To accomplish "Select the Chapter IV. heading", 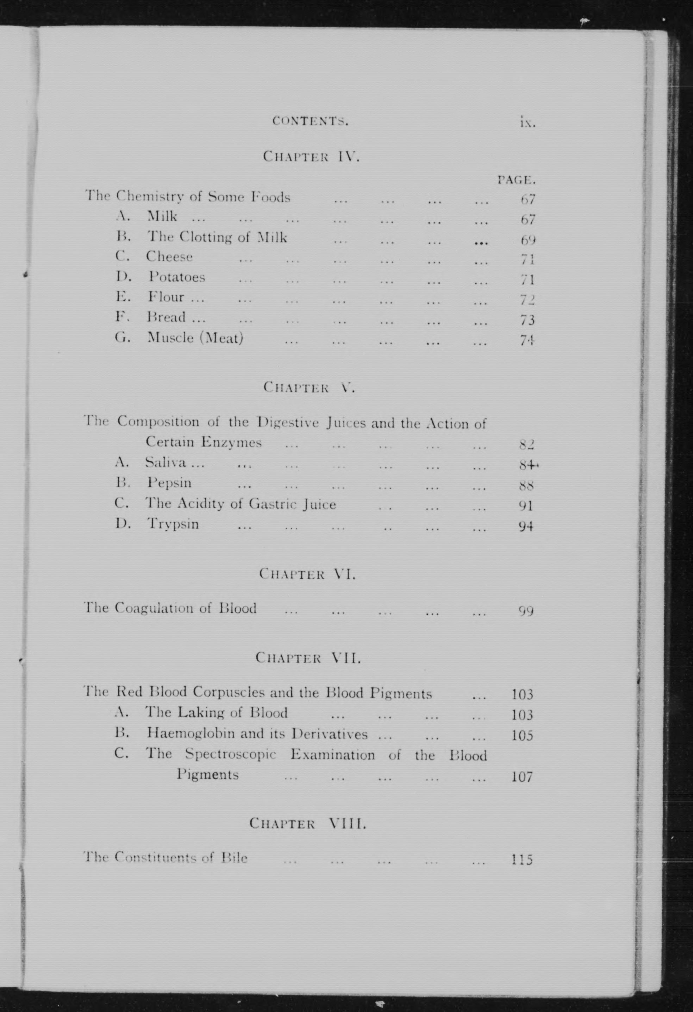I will click(x=311, y=156).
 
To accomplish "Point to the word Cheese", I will click(x=169, y=257).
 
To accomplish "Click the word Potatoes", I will click(x=176, y=277).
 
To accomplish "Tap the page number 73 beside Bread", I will click(x=527, y=320).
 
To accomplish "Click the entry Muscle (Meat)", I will click(x=195, y=338).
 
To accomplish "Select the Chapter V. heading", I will click(x=309, y=387).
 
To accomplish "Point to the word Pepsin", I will click(x=169, y=483).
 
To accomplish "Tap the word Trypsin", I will click(x=173, y=523).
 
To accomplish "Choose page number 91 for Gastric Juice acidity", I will click(x=526, y=506).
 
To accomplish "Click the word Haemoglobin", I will click(x=181, y=734).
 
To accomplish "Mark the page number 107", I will click(x=522, y=777).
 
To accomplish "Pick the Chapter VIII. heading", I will click(x=307, y=823).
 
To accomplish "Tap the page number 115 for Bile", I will click(x=522, y=860).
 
